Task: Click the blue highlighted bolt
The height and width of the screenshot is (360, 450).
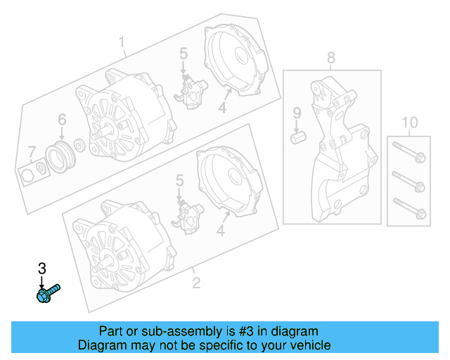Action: [x=49, y=293]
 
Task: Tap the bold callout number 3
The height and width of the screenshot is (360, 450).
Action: [x=42, y=269]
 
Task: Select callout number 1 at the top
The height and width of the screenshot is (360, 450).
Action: [x=122, y=42]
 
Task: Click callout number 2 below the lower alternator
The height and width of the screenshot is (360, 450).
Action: [x=196, y=283]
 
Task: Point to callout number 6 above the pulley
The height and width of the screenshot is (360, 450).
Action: [x=62, y=120]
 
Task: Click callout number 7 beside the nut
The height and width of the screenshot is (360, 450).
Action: [x=32, y=153]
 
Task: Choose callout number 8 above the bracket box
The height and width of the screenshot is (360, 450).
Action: [x=331, y=58]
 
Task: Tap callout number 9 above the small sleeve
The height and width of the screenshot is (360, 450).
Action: [x=297, y=113]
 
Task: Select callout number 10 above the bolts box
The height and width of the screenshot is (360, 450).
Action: [x=409, y=122]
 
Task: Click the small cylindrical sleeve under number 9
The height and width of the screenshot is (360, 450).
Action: [x=298, y=138]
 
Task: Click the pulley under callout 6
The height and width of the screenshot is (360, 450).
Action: [x=60, y=157]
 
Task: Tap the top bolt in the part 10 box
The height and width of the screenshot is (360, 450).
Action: [x=409, y=152]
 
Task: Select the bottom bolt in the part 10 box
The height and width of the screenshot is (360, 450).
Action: [x=409, y=208]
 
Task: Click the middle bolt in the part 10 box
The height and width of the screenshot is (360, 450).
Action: [x=409, y=181]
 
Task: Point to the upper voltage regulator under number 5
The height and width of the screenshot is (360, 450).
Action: [x=191, y=92]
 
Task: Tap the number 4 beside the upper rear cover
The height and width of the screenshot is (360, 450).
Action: [x=222, y=108]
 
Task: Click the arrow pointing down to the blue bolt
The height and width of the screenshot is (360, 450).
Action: [x=42, y=283]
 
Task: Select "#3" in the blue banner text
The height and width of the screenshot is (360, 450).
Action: [x=246, y=331]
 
